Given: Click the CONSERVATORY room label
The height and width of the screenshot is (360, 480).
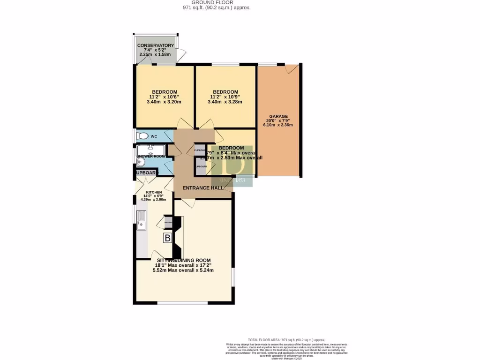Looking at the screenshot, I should click(156, 45).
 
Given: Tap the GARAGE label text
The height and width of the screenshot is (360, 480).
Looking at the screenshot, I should click(278, 116).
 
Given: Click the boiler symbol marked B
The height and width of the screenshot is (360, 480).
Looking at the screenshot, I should click(167, 238).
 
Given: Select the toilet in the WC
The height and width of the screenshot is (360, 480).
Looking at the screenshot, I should click(142, 136).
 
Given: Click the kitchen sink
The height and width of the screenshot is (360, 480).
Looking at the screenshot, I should click(141, 219).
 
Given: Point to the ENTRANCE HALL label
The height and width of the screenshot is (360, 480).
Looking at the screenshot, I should click(202, 187).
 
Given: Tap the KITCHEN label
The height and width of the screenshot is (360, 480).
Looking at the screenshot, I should click(154, 193).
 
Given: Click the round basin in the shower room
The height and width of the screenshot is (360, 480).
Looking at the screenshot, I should click(141, 162).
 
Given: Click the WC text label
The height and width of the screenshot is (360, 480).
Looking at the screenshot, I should click(154, 136).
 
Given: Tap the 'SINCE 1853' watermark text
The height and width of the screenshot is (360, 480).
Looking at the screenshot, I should click(232, 180).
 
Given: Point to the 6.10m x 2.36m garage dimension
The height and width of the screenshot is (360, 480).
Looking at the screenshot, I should click(278, 125).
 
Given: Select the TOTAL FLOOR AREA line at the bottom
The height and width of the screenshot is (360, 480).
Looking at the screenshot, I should click(286, 340).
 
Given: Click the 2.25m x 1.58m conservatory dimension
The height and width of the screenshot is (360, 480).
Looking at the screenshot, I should click(156, 54).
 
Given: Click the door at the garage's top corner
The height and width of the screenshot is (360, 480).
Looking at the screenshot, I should click(292, 68).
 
